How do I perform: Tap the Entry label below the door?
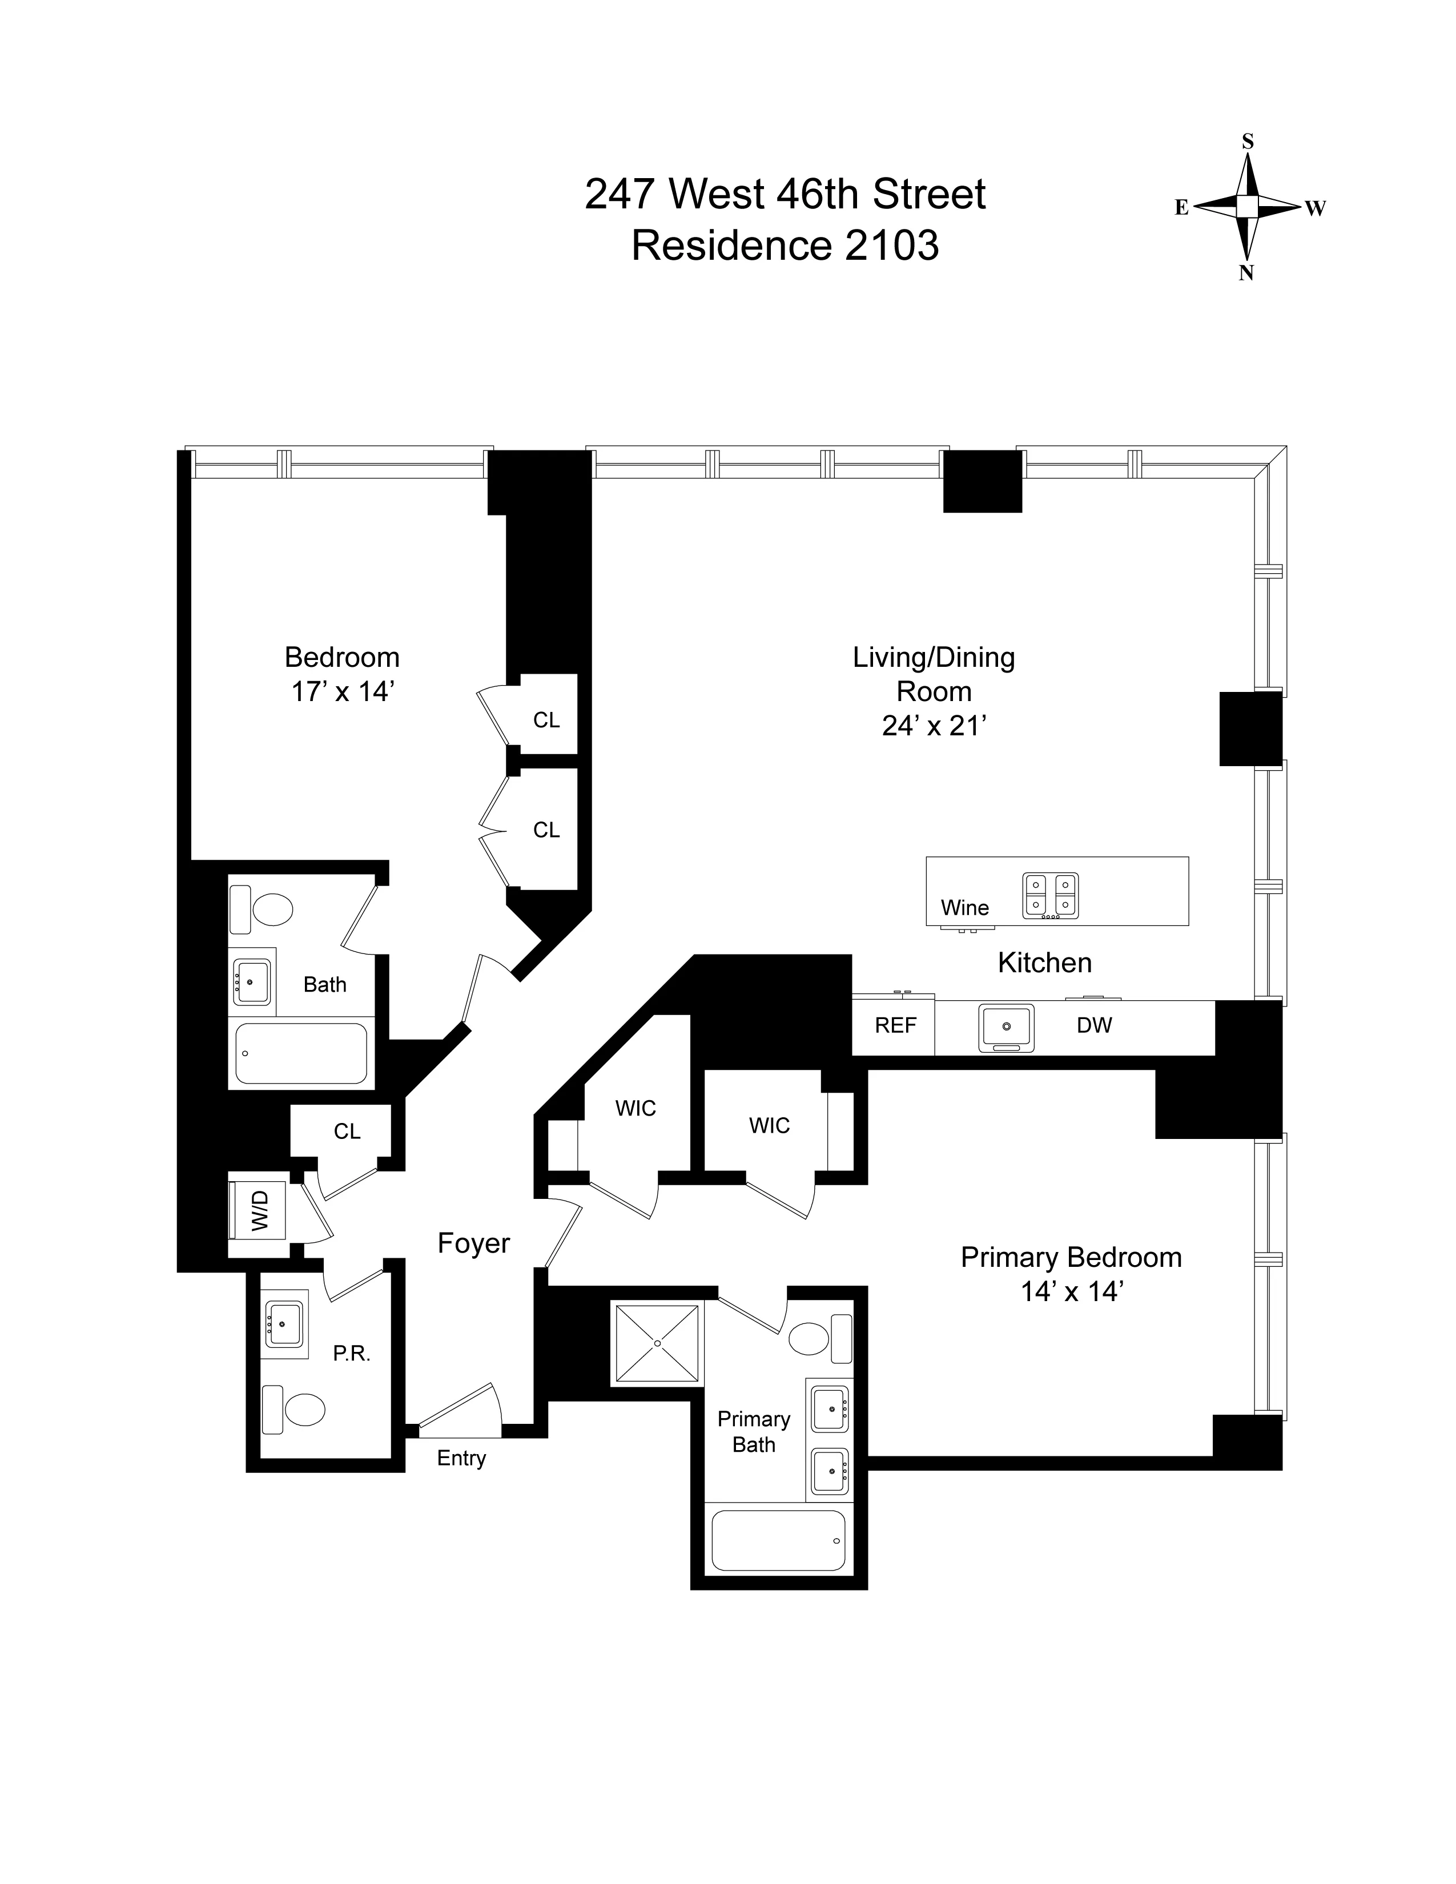461,1458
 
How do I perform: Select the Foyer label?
473,1243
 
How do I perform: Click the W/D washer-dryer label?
260,1210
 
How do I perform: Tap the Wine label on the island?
964,908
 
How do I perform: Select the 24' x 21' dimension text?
934,726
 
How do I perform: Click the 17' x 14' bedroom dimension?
343,692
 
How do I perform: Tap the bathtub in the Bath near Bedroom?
301,1053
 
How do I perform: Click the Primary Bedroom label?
1071,1258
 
